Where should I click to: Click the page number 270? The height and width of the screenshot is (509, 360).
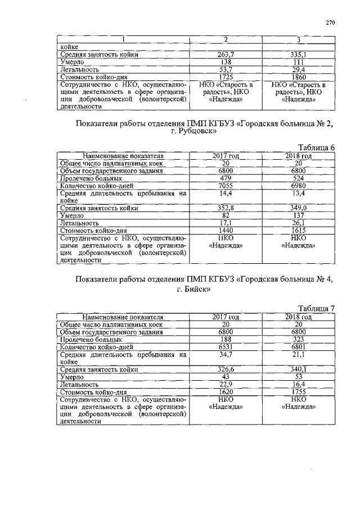pos(330,23)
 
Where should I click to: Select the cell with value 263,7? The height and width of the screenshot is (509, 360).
pos(225,55)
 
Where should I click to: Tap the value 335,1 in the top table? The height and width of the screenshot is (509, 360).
pos(298,55)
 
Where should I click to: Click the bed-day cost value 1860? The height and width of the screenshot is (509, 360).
pos(298,76)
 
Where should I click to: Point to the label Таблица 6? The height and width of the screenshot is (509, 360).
pos(316,147)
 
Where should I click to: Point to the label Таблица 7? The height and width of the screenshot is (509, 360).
pos(316,308)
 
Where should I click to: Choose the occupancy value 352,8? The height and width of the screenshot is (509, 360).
pos(225,208)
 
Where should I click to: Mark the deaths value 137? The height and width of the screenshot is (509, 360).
pos(298,215)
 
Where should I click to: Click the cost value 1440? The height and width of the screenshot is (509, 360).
pos(225,230)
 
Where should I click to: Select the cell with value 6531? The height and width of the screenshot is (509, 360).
pos(225,347)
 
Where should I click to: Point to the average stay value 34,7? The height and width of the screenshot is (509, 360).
pos(225,355)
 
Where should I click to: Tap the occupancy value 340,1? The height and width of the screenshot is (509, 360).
pos(298,370)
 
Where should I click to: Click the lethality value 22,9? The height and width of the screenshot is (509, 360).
pos(225,384)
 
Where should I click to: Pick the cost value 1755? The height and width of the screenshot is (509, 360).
pos(298,391)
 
